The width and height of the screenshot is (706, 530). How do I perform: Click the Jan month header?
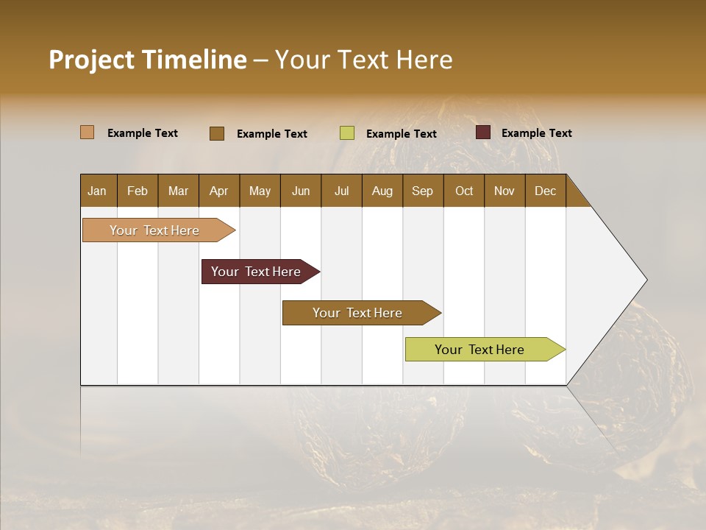[97, 191]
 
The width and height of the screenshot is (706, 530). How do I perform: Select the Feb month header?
[138, 191]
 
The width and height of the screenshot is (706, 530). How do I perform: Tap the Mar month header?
[178, 191]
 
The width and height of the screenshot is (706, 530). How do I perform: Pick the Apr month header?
[218, 191]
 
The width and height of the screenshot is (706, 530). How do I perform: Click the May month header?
[260, 191]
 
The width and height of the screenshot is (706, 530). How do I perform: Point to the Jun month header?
[301, 191]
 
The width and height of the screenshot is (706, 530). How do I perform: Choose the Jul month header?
[341, 191]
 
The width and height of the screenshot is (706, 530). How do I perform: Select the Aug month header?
[382, 191]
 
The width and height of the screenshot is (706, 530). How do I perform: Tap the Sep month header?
[422, 191]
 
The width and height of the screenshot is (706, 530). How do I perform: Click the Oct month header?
[464, 191]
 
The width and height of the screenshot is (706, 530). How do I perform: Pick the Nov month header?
[504, 191]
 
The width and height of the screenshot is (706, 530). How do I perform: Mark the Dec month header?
[545, 191]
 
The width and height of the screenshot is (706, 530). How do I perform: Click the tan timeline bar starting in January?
[155, 230]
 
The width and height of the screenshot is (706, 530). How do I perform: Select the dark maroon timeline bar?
[256, 272]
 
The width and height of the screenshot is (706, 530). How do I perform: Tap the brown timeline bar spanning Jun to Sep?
[357, 313]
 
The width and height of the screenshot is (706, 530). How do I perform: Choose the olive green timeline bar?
[479, 350]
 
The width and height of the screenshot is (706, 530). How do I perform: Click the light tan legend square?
[87, 132]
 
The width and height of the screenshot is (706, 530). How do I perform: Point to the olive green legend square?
[347, 133]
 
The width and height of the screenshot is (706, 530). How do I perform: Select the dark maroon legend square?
[482, 132]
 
